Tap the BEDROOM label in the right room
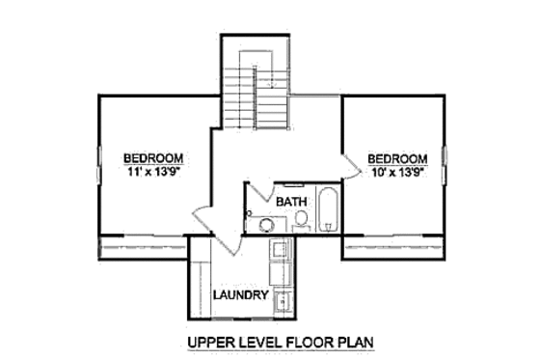click(396, 158)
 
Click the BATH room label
click(291, 202)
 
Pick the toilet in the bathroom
click(300, 220)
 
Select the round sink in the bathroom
click(265, 224)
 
